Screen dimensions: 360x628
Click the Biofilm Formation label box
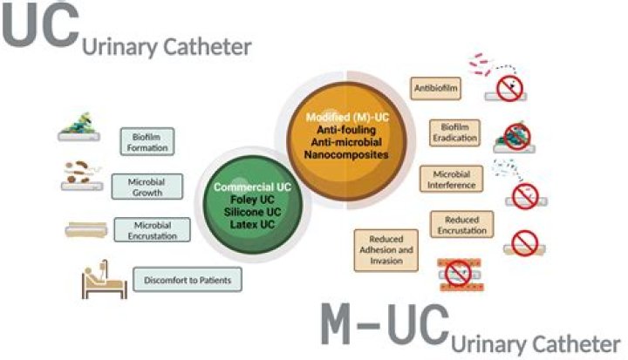(x=146, y=141)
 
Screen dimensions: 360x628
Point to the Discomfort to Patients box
(x=187, y=281)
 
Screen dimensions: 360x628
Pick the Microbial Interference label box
(x=452, y=179)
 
